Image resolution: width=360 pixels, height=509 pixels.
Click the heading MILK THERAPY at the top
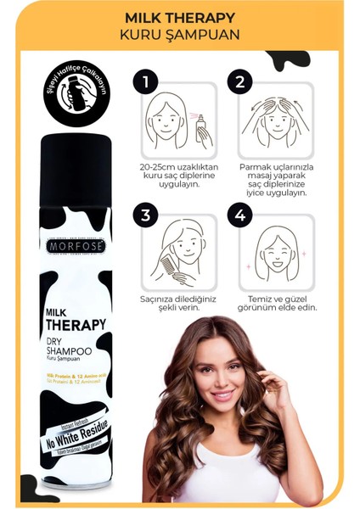click(180, 16)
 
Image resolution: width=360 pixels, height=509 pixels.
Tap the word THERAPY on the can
click(75, 325)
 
